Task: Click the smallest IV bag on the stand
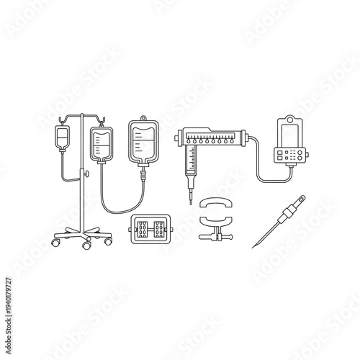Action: click(63, 138)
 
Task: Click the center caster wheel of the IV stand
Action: click(87, 246)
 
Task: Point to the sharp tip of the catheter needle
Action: click(253, 248)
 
